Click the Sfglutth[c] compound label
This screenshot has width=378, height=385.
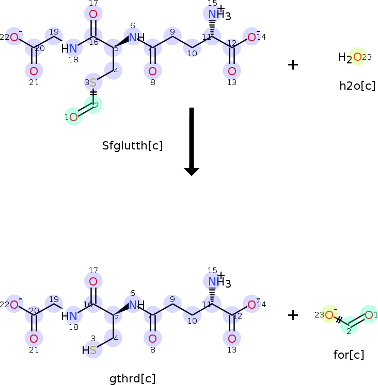tap(133, 146)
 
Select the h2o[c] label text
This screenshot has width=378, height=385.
tap(357, 86)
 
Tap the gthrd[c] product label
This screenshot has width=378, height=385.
tap(132, 379)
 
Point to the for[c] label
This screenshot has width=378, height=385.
tap(349, 355)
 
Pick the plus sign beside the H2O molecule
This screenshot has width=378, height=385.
tap(293, 64)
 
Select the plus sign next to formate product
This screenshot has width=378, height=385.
tap(293, 315)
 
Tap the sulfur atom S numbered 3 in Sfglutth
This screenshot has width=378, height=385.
tap(93, 83)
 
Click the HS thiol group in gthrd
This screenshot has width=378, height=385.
tap(89, 350)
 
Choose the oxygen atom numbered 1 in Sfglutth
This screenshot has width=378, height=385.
tap(74, 118)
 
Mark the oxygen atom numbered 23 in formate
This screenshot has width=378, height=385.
tap(328, 314)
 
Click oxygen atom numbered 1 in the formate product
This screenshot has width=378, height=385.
tap(369, 314)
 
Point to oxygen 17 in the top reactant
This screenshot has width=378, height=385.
tap(93, 13)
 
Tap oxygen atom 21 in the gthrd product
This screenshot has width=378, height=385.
tap(34, 339)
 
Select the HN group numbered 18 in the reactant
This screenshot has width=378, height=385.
tap(70, 49)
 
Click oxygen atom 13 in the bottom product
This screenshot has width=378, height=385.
tap(232, 339)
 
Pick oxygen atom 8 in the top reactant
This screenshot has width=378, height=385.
tap(152, 71)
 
